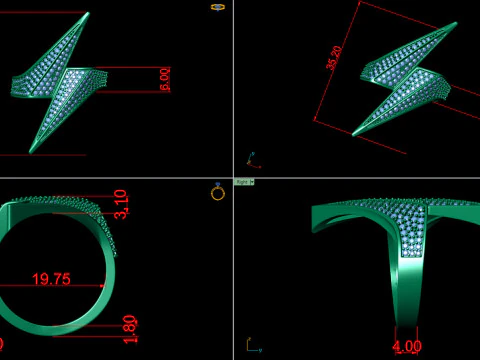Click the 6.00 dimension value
[165, 80]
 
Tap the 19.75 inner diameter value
[52, 280]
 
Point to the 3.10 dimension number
[121, 203]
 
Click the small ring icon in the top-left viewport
[218, 7]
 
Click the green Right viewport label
[244, 182]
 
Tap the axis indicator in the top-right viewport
[251, 160]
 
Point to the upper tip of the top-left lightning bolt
[88, 16]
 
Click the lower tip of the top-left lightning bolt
[36, 150]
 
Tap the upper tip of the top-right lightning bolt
[445, 27]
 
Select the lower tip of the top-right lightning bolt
[356, 134]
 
